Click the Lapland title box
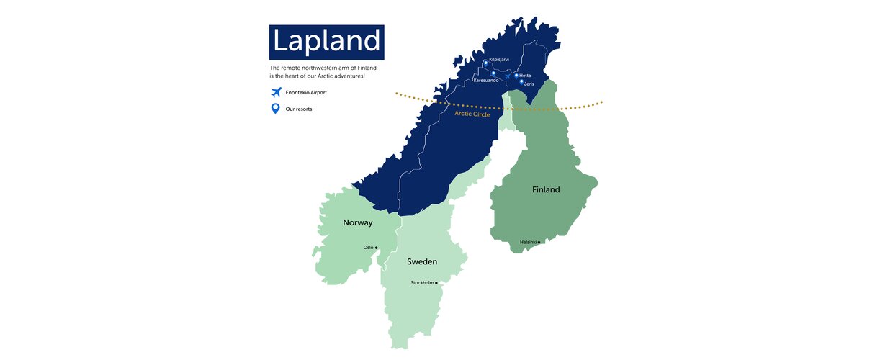pyautogui.click(x=326, y=42)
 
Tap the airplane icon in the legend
pyautogui.click(x=274, y=92)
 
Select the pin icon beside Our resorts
pyautogui.click(x=274, y=109)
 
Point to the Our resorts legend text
pyautogui.click(x=299, y=109)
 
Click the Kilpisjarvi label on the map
pyautogui.click(x=499, y=59)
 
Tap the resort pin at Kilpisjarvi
pyautogui.click(x=486, y=63)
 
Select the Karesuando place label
pyautogui.click(x=486, y=81)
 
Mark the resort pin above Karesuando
pyautogui.click(x=493, y=73)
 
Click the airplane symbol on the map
pyautogui.click(x=508, y=75)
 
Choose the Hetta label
pyautogui.click(x=525, y=76)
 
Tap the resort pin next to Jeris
pyautogui.click(x=521, y=82)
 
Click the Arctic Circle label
pyautogui.click(x=472, y=114)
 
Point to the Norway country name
pyautogui.click(x=357, y=222)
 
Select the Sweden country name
pyautogui.click(x=422, y=261)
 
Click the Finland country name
pyautogui.click(x=546, y=190)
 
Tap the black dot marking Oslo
pyautogui.click(x=377, y=248)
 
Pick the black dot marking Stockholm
pyautogui.click(x=436, y=283)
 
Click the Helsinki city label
pyautogui.click(x=529, y=242)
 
